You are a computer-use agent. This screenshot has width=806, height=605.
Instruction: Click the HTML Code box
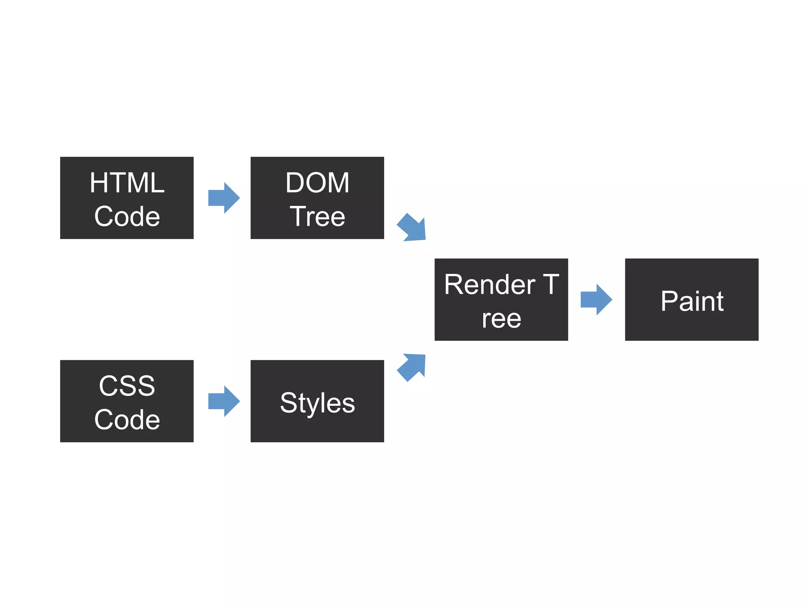click(127, 198)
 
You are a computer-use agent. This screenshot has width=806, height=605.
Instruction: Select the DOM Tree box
click(317, 198)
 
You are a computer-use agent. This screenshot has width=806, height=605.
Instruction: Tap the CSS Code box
click(127, 401)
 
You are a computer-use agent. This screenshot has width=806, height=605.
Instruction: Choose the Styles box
click(317, 401)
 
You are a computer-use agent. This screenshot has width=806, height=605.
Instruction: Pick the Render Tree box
click(501, 299)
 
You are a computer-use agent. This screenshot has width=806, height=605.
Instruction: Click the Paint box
click(691, 299)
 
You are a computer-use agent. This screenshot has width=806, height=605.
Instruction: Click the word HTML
click(127, 183)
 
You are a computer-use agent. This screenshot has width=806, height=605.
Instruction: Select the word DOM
click(317, 183)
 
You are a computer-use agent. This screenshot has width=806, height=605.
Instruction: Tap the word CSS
click(127, 386)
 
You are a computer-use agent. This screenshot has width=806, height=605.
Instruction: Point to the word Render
click(490, 284)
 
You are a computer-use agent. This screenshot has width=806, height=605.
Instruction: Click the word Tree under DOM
click(317, 217)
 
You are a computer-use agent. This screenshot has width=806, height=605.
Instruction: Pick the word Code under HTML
click(127, 217)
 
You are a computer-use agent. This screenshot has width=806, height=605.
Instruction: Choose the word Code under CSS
click(127, 419)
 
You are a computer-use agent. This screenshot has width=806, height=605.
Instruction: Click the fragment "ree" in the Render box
click(501, 319)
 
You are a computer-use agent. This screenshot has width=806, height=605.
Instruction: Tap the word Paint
click(692, 301)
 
